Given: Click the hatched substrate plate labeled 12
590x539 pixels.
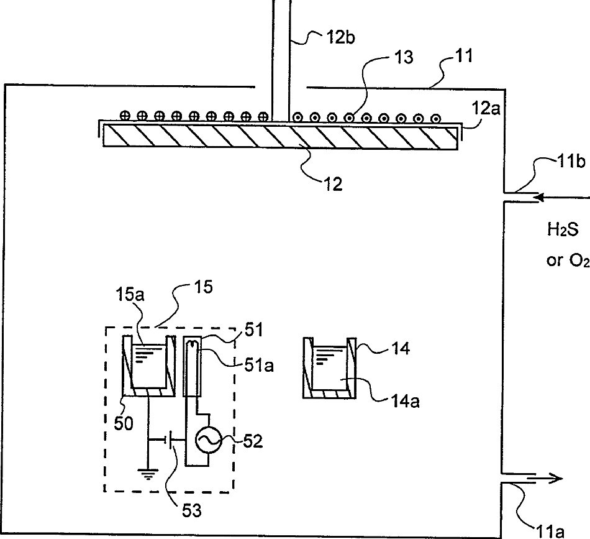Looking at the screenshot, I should [279, 135].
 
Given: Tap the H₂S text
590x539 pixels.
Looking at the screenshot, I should [563, 230].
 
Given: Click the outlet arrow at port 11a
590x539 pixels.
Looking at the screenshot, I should [547, 478].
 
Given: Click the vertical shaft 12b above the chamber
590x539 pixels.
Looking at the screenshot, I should [281, 56].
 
